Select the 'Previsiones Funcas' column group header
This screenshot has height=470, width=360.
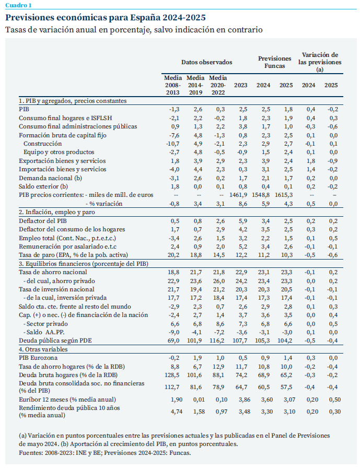275,63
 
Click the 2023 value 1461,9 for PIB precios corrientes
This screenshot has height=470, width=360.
238,195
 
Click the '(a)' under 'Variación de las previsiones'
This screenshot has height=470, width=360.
320,69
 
